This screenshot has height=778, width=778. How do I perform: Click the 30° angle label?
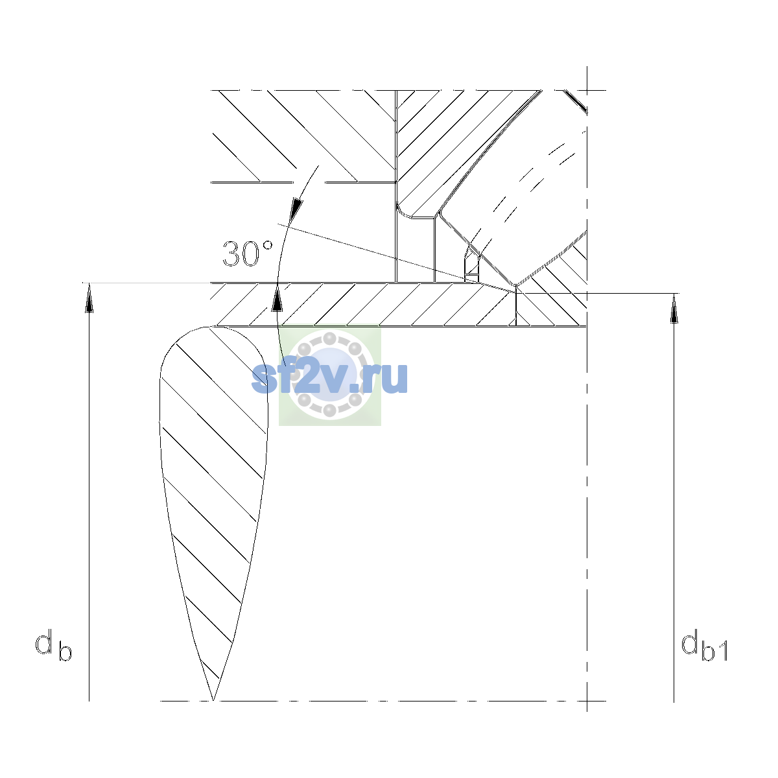coord(248,253)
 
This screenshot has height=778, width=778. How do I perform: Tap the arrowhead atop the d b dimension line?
coord(89,298)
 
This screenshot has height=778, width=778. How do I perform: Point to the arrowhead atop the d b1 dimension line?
coord(674,309)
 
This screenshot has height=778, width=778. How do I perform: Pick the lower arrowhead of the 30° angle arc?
coord(277,298)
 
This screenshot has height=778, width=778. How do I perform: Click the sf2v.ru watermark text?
coord(329,377)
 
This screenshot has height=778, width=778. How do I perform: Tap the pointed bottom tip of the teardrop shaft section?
coord(213,700)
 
